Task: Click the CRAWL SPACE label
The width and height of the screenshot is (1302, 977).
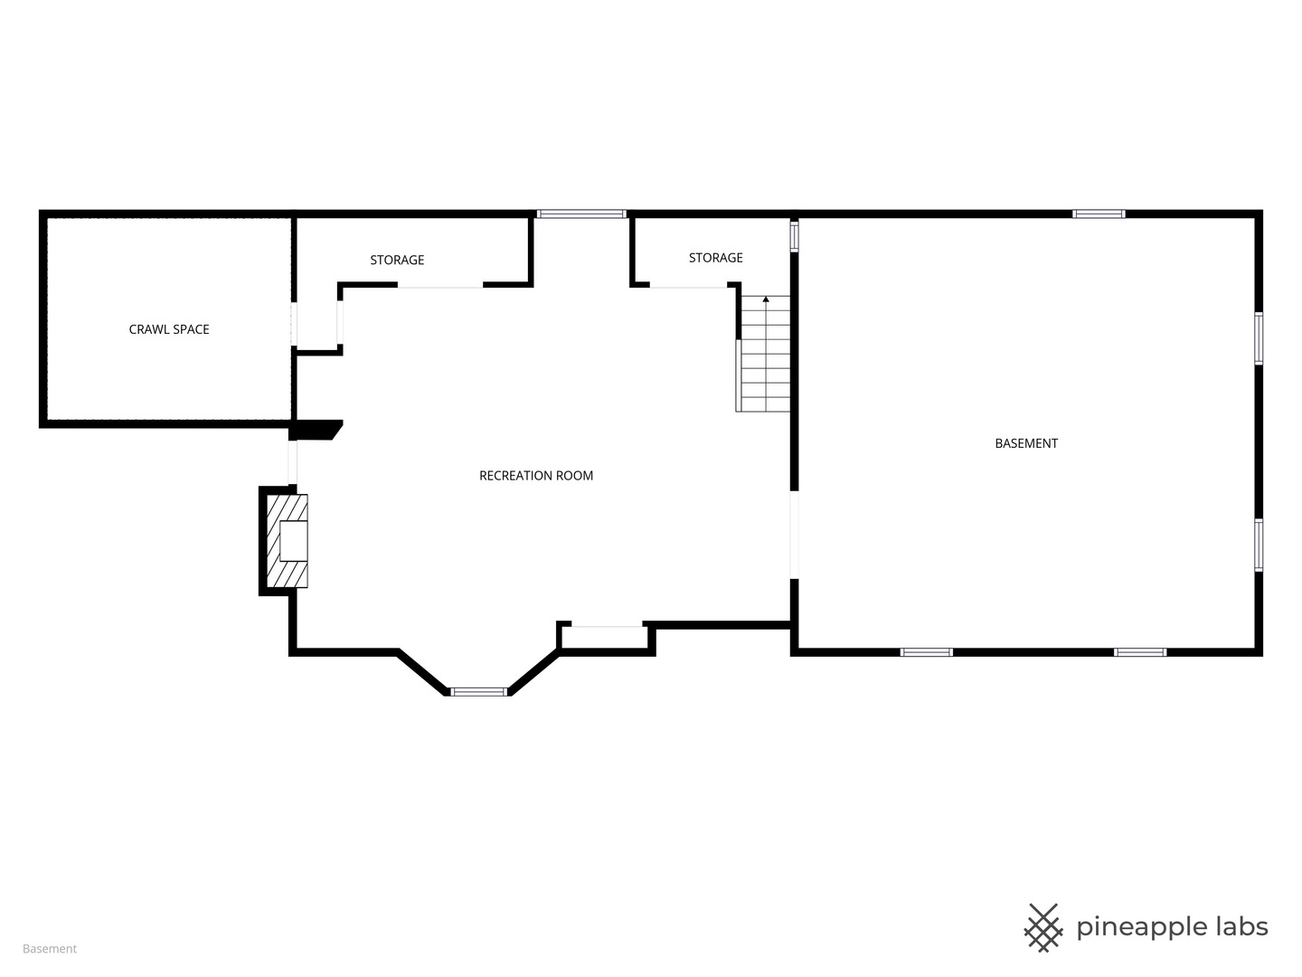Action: (x=169, y=329)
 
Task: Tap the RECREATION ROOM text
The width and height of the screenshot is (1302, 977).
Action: (x=535, y=476)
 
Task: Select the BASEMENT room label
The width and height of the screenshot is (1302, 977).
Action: (x=1025, y=443)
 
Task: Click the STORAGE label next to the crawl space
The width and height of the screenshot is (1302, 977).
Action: (x=397, y=260)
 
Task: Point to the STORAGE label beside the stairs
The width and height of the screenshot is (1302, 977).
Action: (x=715, y=258)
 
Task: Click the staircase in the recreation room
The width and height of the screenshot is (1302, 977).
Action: (x=763, y=354)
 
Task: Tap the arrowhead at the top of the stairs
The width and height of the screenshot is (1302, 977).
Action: (x=765, y=299)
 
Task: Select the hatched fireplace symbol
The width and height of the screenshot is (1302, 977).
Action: (x=288, y=541)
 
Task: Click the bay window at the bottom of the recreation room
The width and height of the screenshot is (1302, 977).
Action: (x=478, y=692)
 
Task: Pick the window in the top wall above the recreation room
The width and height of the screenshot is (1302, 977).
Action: (x=581, y=214)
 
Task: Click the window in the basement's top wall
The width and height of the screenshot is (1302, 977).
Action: (x=1098, y=214)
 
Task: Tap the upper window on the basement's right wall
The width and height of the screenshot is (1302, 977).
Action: (x=1258, y=338)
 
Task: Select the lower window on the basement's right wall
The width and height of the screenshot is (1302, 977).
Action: (x=1258, y=545)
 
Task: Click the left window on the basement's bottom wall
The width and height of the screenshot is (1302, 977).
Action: (x=926, y=652)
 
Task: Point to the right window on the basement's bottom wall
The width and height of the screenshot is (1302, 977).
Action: (x=1139, y=652)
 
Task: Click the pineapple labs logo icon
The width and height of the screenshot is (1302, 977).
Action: (x=1043, y=928)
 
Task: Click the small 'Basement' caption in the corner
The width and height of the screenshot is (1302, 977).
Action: (x=50, y=949)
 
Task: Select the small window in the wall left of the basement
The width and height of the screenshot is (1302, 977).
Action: (x=794, y=235)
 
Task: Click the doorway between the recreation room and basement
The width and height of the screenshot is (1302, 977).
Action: (x=794, y=535)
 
